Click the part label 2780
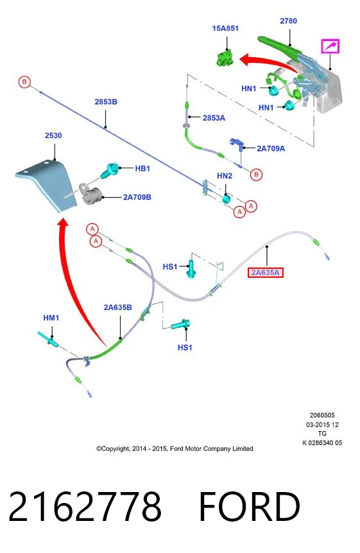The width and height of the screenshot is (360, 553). point(288,21)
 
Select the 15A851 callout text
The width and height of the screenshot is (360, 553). point(225,28)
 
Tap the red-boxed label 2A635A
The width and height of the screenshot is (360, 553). point(266,273)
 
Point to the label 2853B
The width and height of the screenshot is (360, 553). point(106,102)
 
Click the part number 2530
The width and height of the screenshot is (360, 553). point(53,135)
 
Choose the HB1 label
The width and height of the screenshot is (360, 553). point(142,169)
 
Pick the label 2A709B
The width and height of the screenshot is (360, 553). point(137,197)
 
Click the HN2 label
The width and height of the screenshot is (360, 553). point(225,176)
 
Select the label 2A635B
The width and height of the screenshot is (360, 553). point(117,307)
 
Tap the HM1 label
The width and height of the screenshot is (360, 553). point(51,318)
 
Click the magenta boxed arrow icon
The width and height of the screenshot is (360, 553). point(330,46)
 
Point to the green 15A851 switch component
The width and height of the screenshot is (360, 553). point(225,58)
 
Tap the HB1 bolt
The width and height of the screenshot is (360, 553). point(110,170)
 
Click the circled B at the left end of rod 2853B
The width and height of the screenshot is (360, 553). point(24,82)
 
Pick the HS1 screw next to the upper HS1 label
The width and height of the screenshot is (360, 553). point(191,269)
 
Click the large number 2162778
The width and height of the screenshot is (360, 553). point(85,507)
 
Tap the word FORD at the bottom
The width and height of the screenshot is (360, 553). point(250,507)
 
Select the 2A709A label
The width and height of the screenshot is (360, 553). point(271,148)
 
